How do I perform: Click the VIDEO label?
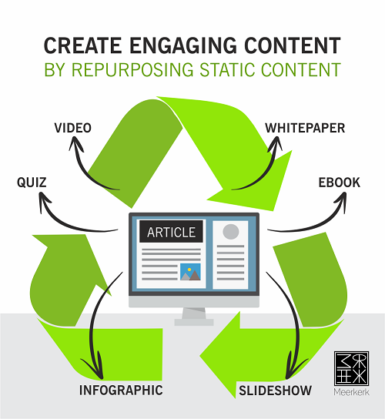pyautogui.click(x=73, y=128)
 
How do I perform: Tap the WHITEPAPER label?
pyautogui.click(x=305, y=128)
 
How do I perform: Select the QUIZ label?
pyautogui.click(x=32, y=183)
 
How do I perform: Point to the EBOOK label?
pyautogui.click(x=340, y=183)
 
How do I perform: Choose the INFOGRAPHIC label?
pyautogui.click(x=121, y=391)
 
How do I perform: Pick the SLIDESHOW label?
pyautogui.click(x=275, y=391)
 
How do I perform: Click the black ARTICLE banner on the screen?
pyautogui.click(x=171, y=232)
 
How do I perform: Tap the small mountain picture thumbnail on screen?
pyautogui.click(x=190, y=272)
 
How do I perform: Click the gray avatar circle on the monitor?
pyautogui.click(x=231, y=231)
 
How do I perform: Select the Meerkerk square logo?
pyautogui.click(x=351, y=368)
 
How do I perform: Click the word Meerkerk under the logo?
pyautogui.click(x=351, y=392)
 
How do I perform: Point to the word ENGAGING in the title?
pyautogui.click(x=183, y=45)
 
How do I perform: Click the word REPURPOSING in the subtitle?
pyautogui.click(x=132, y=70)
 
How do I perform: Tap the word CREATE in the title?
pyautogui.click(x=83, y=45)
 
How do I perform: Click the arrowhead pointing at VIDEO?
pyautogui.click(x=75, y=143)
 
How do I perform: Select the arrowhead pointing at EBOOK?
pyautogui.click(x=340, y=202)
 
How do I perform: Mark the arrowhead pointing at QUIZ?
pyautogui.click(x=44, y=202)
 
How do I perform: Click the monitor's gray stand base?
pyautogui.click(x=194, y=322)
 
